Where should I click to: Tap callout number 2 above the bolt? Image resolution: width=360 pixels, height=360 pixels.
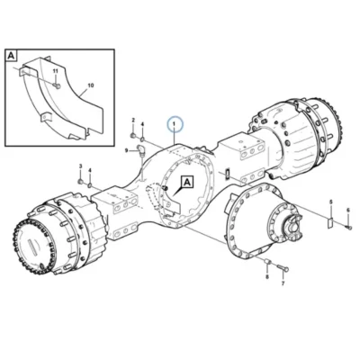coord(133,121)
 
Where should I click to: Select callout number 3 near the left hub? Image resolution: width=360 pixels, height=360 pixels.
coord(80,166)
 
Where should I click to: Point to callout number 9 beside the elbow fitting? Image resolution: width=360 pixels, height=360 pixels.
coord(127,150)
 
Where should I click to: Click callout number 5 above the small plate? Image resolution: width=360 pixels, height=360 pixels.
coord(331,202)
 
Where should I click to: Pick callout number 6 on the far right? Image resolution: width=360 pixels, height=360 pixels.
coord(348,210)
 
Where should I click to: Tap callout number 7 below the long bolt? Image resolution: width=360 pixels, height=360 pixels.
coord(283,283)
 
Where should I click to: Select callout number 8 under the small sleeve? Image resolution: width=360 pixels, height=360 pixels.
coord(267,276)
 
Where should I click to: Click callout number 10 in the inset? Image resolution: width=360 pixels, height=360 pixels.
coord(91,85)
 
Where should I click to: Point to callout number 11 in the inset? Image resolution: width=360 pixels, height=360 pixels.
coord(55,71)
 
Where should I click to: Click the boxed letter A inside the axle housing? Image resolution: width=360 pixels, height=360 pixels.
coord(187,182)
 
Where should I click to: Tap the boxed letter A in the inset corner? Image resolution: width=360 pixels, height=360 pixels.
coord(12,56)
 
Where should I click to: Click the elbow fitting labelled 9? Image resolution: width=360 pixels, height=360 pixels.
coord(140,150)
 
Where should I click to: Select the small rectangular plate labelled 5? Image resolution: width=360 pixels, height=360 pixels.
coord(329,222)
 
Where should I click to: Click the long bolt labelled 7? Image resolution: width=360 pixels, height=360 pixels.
coord(282,268)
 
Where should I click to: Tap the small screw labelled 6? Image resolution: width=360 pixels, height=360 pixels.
coord(348,228)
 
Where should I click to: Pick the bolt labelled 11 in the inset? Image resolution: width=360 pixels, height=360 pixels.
coord(57,86)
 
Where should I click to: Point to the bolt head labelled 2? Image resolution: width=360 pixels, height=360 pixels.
coord(132,136)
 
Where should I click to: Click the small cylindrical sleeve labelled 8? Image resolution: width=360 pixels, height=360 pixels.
coord(268,263)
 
